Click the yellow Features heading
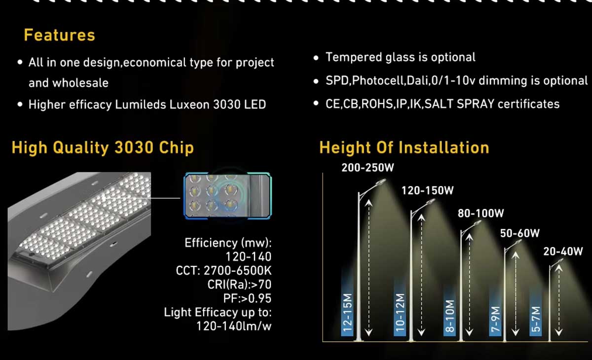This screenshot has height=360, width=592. [59, 36]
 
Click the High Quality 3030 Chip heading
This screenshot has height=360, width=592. [103, 148]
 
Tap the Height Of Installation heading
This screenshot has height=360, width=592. [404, 147]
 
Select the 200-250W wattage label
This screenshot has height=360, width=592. [368, 168]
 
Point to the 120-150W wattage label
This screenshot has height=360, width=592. [427, 190]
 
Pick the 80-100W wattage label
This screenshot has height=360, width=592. [481, 214]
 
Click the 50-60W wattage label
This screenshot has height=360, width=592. [520, 233]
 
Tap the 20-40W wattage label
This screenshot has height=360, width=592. [563, 251]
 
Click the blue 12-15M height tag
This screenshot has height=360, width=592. [348, 312]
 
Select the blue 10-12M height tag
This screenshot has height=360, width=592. [400, 313]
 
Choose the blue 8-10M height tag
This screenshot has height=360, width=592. [449, 317]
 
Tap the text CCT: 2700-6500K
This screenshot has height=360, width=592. [223, 270]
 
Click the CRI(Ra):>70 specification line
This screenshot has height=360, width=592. [239, 285]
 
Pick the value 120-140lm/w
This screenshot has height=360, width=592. [234, 326]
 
